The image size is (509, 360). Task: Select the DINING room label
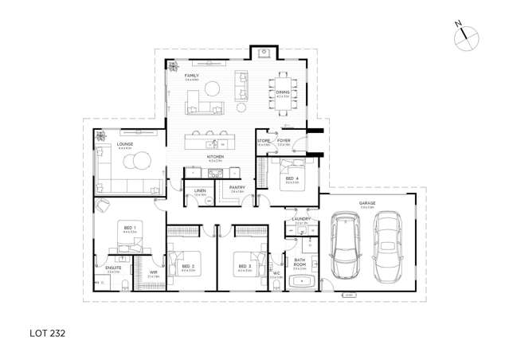pyautogui.click(x=283, y=92)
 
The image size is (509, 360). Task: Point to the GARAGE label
pyautogui.click(x=366, y=202)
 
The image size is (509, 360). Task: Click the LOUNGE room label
pyautogui.click(x=123, y=144)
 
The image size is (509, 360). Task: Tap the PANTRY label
pyautogui.click(x=237, y=187)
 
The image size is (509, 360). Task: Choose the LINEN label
pyautogui.click(x=201, y=190)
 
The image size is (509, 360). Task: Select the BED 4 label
pyautogui.click(x=292, y=178)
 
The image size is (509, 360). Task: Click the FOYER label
pyautogui.click(x=284, y=140)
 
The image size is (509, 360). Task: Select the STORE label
pyautogui.click(x=264, y=140)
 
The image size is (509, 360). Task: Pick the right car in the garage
pyautogui.click(x=387, y=247)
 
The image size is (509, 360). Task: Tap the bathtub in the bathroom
pyautogui.click(x=301, y=281)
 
